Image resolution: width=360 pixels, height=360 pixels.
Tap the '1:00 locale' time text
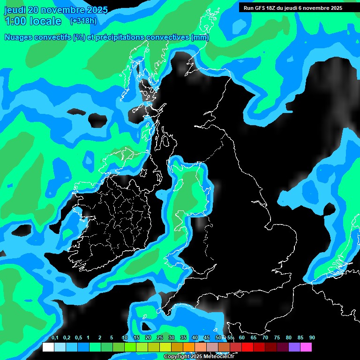[33, 21]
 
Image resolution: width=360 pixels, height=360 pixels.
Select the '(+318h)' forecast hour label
[83, 21]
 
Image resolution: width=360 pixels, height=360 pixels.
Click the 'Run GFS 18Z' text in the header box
[260, 8]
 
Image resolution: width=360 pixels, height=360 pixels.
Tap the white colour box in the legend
[48, 347]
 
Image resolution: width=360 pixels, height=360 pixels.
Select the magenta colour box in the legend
[306, 347]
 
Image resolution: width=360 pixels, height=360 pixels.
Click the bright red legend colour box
[247, 347]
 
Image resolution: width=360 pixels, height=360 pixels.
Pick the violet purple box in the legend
[294, 347]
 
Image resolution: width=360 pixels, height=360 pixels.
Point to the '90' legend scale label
[312, 338]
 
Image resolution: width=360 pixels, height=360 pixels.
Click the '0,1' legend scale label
[55, 338]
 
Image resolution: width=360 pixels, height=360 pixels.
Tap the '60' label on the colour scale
[242, 338]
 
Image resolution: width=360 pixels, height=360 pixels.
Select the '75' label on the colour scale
[277, 338]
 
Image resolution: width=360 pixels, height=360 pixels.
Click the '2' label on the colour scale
[100, 338]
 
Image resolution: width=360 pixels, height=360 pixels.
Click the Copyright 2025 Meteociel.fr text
[199, 357]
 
